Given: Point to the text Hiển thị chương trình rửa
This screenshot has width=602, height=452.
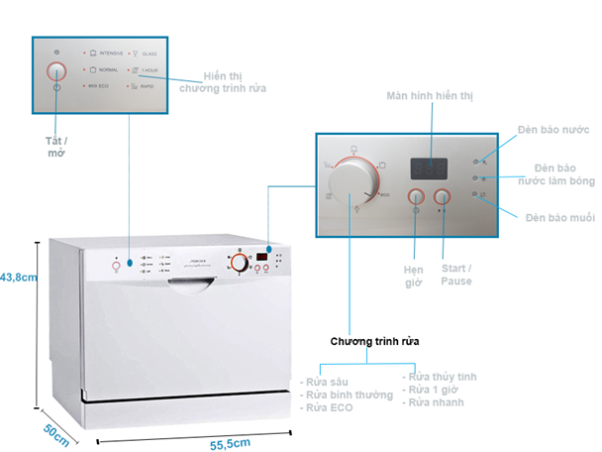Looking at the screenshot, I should point(222,82).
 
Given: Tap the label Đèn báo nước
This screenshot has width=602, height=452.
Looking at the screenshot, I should point(554,130).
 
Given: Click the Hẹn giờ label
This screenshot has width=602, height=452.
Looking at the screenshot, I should point(414,275).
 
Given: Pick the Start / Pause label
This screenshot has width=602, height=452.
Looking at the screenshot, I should point(456,275).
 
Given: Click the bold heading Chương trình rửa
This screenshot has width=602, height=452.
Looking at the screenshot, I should point(374,340).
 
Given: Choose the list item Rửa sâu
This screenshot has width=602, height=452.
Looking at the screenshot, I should point(326,380).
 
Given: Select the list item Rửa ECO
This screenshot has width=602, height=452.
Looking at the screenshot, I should point(329,406).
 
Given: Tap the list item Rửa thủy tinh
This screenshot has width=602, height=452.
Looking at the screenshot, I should point(443,376).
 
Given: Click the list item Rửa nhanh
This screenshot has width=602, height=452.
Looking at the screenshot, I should point(435,402).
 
